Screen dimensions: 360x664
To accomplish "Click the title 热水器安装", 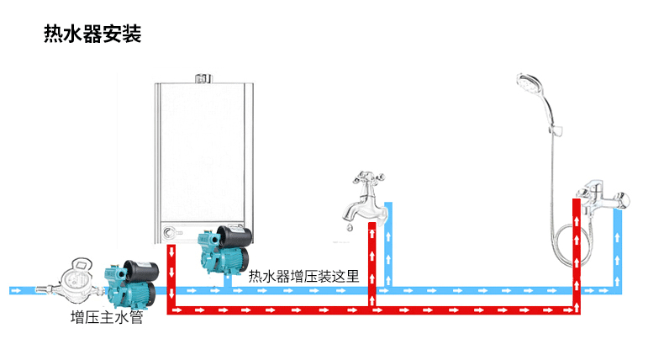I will [x=92, y=35].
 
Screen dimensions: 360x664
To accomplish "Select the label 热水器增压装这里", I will [x=303, y=275].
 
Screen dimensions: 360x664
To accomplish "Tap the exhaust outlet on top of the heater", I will [x=202, y=80].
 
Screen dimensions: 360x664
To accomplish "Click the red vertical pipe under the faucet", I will [x=371, y=265].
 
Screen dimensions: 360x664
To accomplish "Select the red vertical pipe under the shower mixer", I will [x=577, y=252].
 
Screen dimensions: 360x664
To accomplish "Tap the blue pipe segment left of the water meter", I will [x=29, y=290].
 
